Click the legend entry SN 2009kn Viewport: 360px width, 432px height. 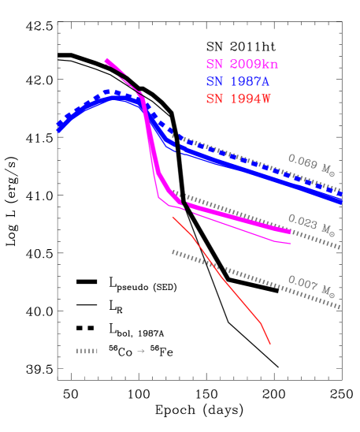242,65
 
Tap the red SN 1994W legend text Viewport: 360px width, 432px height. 238,99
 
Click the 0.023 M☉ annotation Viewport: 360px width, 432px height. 310,225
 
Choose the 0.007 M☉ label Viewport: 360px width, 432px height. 310,286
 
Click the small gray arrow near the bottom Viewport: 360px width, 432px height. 141,351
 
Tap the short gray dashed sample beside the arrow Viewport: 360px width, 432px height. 87,351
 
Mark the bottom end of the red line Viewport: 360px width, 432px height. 270,344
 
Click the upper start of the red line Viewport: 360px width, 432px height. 173,218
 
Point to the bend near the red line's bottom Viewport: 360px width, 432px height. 261,322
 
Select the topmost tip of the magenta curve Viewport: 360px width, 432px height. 106,59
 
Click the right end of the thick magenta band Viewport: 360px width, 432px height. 290,232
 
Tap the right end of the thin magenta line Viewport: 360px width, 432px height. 291,244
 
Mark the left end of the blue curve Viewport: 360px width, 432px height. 59,130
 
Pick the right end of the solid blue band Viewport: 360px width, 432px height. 341,201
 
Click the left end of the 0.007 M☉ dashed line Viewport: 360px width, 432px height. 173,251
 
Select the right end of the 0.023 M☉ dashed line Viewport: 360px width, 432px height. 340,247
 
